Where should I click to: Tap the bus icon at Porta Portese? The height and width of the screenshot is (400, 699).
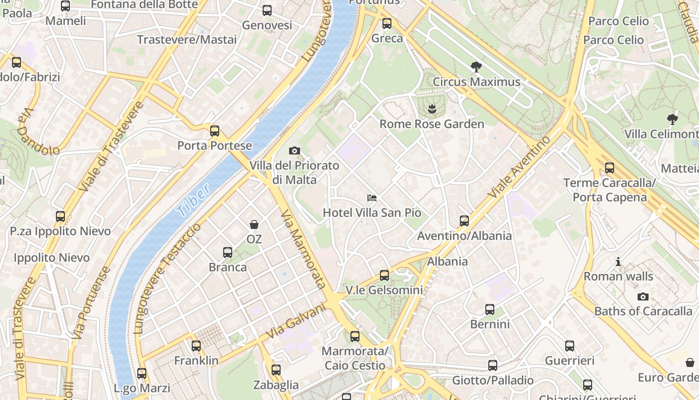pyautogui.click(x=215, y=131)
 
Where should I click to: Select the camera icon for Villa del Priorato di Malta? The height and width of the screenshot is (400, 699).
pyautogui.click(x=295, y=150)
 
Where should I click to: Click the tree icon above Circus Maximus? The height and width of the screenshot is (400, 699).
pyautogui.click(x=476, y=66)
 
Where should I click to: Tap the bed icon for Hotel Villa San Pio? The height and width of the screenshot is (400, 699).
pyautogui.click(x=371, y=198)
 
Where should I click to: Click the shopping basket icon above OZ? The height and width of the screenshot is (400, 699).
pyautogui.click(x=254, y=224)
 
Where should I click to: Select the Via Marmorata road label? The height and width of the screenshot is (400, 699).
pyautogui.click(x=303, y=249)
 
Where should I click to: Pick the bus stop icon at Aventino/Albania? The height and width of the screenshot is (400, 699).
pyautogui.click(x=464, y=220)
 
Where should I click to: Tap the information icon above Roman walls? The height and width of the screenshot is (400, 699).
pyautogui.click(x=618, y=261)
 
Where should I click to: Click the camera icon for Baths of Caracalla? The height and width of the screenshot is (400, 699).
pyautogui.click(x=643, y=296)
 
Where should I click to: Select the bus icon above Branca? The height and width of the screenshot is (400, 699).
pyautogui.click(x=228, y=252)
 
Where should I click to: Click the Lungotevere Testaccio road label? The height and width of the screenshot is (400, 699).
pyautogui.click(x=167, y=278)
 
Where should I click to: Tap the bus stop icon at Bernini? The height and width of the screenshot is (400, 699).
pyautogui.click(x=490, y=309)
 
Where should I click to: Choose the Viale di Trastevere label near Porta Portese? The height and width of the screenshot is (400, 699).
pyautogui.click(x=111, y=146)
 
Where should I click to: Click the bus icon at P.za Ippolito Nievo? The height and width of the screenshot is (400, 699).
pyautogui.click(x=60, y=216)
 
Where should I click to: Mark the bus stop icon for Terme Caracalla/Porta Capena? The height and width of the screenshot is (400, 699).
pyautogui.click(x=609, y=168)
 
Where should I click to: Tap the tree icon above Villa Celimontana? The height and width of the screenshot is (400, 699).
pyautogui.click(x=672, y=119)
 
